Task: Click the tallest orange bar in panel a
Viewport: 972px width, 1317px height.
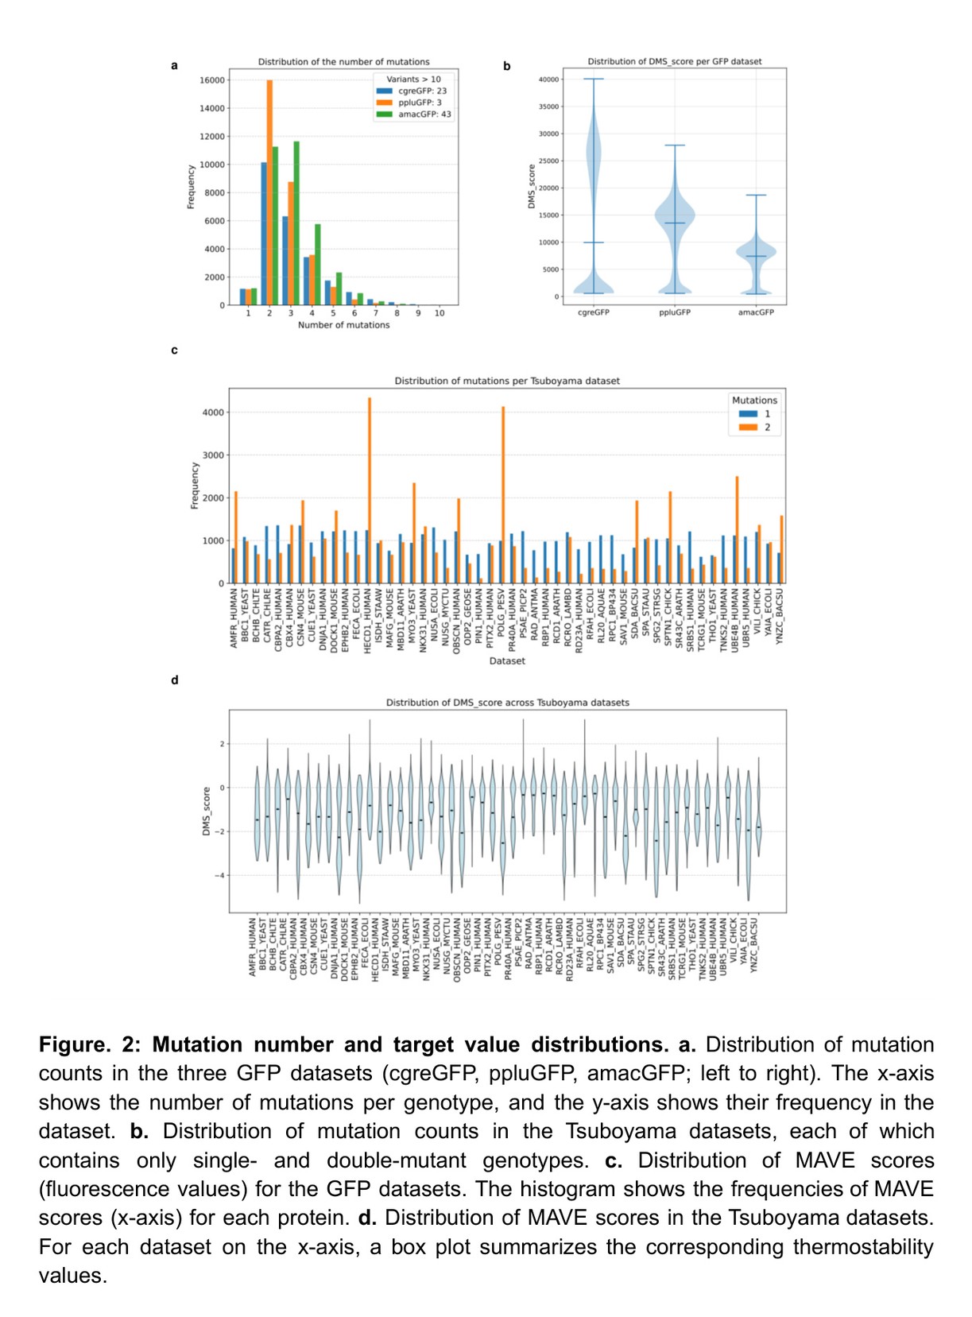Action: tap(269, 191)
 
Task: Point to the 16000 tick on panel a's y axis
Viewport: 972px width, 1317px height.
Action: tap(211, 80)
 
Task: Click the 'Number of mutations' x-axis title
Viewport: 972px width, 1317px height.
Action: tap(343, 325)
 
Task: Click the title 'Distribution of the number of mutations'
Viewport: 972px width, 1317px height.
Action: tap(343, 62)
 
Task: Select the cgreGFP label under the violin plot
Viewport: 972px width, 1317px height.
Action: tap(594, 312)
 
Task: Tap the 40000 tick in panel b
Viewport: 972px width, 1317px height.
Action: tap(548, 79)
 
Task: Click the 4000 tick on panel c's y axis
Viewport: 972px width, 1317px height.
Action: tap(213, 413)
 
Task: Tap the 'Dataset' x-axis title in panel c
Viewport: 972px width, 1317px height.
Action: tap(507, 661)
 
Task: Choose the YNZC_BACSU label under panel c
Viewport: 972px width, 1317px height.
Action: tap(780, 616)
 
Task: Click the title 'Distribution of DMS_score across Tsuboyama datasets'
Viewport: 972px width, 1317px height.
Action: tap(507, 703)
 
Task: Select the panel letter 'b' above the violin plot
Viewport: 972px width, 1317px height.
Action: tap(506, 66)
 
